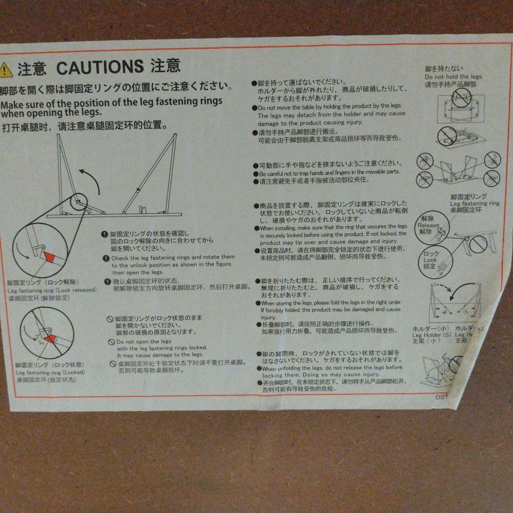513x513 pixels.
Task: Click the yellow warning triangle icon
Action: click(6, 70)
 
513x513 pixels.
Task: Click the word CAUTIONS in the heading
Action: click(100, 67)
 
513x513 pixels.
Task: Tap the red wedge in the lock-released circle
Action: click(49, 256)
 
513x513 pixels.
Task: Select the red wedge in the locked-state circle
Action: click(50, 339)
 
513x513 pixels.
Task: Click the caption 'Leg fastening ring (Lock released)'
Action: click(52, 290)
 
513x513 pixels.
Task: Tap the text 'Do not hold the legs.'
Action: click(453, 77)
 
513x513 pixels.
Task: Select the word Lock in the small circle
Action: click(430, 260)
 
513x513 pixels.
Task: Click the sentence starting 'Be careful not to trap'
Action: click(329, 172)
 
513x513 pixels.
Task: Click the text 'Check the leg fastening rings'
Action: click(173, 257)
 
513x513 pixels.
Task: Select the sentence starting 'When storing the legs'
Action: click(331, 303)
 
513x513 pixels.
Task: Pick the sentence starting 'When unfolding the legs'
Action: click(332, 368)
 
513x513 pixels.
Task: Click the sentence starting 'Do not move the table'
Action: click(330, 106)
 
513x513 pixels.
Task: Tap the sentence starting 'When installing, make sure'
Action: click(333, 228)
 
